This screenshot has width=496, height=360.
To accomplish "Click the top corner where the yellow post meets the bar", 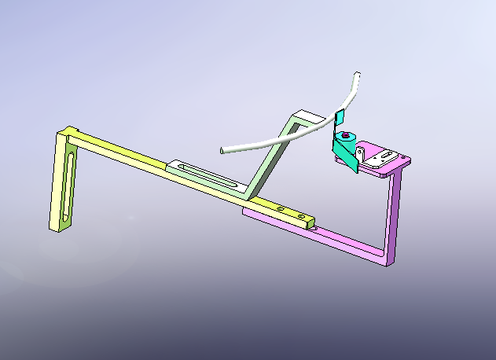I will [x=72, y=131].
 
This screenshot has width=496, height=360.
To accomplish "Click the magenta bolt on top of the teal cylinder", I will [x=345, y=135].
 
